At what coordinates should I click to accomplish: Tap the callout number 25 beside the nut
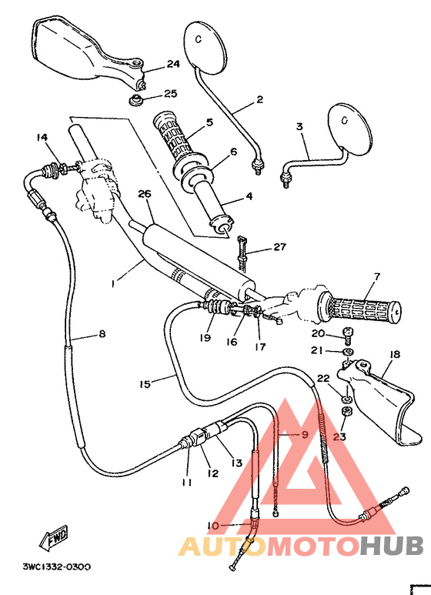point(170,93)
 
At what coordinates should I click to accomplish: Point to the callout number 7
point(377,276)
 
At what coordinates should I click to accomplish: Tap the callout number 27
point(279,247)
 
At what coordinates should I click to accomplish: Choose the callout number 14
point(41,137)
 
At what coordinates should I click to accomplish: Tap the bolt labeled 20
point(348,333)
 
